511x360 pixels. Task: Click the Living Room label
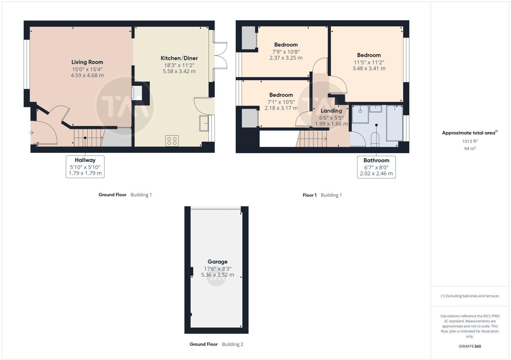87,62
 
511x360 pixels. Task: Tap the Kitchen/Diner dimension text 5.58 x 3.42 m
179,71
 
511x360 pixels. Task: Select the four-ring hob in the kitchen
172,141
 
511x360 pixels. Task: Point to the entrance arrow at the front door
31,132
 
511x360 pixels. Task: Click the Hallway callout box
85,167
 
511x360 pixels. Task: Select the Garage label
217,262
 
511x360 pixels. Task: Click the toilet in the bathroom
375,140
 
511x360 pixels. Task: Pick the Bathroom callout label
376,161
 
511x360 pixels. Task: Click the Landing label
331,111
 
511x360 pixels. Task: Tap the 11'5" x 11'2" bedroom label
369,55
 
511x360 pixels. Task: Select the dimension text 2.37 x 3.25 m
286,58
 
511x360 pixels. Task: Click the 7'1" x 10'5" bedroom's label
281,95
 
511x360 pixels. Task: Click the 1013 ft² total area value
469,141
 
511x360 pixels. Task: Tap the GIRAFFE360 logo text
469,346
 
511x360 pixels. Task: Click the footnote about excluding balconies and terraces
470,296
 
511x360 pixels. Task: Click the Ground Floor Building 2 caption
216,344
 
